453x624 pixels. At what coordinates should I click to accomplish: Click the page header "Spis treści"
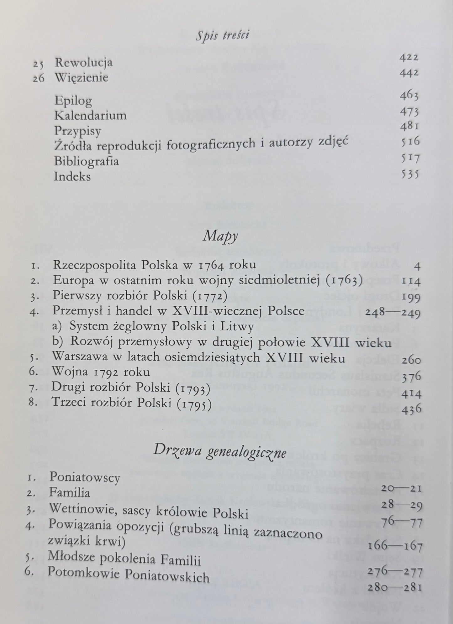pyautogui.click(x=222, y=36)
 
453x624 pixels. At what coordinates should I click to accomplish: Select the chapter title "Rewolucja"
pyautogui.click(x=83, y=63)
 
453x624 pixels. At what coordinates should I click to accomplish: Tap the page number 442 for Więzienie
pyautogui.click(x=409, y=73)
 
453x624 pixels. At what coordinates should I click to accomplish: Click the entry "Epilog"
pyautogui.click(x=73, y=101)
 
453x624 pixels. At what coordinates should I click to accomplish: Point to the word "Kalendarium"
pyautogui.click(x=90, y=115)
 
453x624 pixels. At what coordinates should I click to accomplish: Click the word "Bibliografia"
pyautogui.click(x=86, y=161)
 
